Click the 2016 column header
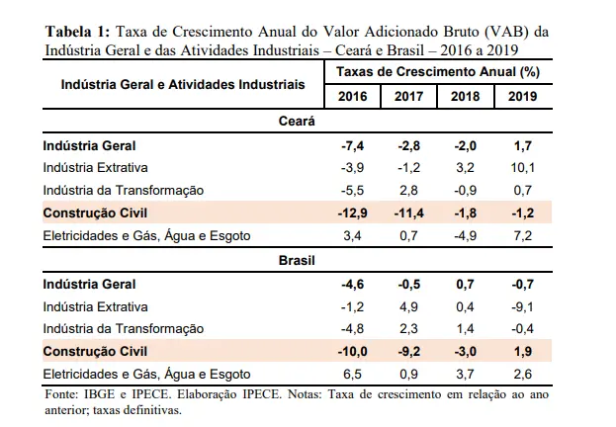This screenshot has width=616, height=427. tap(353, 96)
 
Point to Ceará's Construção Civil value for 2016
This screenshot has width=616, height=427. tap(353, 213)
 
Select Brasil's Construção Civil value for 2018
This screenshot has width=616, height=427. tap(466, 351)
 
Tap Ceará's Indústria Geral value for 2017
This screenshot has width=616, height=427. tap(409, 145)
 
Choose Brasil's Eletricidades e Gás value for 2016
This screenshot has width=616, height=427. tap(353, 374)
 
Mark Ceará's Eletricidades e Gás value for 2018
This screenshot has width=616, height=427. tap(466, 235)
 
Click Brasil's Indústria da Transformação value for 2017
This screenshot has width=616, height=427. tap(409, 329)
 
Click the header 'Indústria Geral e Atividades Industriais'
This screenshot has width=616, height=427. tap(183, 85)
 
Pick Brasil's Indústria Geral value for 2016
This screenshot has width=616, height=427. tap(353, 285)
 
